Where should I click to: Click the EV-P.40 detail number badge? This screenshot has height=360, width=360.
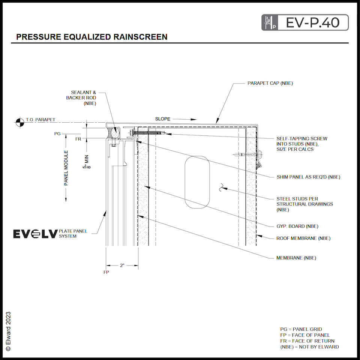(304, 22)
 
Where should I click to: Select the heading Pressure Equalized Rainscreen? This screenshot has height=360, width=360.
(92, 37)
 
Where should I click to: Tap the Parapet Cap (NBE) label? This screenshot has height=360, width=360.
(270, 83)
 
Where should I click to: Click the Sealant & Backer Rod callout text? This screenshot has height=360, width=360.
(84, 98)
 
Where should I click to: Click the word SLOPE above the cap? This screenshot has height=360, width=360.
(163, 119)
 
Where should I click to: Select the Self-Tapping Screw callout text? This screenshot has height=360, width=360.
(301, 144)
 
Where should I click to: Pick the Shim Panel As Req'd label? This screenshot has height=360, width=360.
(308, 177)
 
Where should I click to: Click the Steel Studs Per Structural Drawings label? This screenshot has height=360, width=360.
(304, 204)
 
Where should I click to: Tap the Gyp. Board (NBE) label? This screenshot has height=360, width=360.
(297, 226)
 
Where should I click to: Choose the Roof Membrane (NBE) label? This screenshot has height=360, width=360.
(303, 238)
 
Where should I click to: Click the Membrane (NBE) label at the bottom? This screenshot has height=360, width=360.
(296, 258)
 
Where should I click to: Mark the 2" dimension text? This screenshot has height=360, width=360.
(122, 265)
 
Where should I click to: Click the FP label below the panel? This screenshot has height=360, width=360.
(106, 272)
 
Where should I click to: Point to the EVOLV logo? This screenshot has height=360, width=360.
(35, 234)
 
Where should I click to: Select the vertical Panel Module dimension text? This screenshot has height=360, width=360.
(66, 168)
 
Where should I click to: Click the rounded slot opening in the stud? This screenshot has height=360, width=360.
(197, 182)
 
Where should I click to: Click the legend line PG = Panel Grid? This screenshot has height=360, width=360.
(301, 329)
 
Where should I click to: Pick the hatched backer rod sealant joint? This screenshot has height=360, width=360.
(114, 132)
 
